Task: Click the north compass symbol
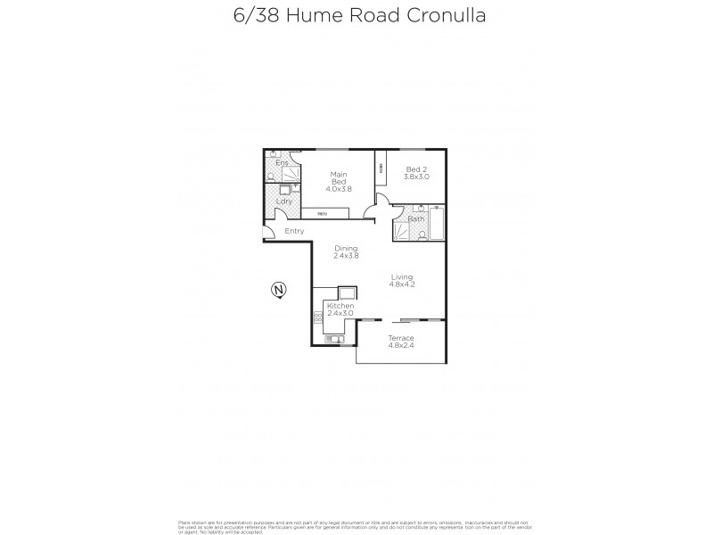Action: (278, 290)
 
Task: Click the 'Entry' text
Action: (294, 231)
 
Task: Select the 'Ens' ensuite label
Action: (282, 163)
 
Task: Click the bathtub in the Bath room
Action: (437, 223)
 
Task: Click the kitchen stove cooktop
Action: (317, 316)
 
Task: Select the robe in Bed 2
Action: (381, 168)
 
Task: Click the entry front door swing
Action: (269, 234)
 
